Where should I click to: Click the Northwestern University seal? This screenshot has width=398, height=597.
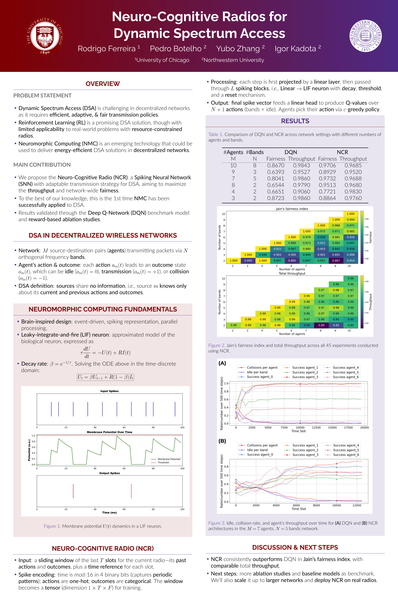coord(365,36)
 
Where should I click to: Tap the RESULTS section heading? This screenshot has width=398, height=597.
coord(295,121)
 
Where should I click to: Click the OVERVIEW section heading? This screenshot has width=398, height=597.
coord(103,84)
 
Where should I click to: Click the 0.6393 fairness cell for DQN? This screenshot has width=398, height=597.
coord(276,172)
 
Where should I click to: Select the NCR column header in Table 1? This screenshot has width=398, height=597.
coord(342,152)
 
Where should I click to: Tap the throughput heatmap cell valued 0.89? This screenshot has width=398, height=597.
coord(321,325)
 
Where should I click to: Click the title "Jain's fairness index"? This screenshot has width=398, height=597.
coord(292,209)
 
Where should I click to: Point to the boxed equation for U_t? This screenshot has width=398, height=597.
coord(105,377)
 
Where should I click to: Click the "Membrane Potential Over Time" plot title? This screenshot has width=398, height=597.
coord(109,432)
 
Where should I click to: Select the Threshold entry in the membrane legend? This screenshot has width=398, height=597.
coord(163,462)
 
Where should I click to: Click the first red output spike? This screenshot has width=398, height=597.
coord(73,491)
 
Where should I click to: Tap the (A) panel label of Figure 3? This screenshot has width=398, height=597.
coord(222,363)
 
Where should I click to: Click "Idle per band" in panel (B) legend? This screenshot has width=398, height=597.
coord(257,450)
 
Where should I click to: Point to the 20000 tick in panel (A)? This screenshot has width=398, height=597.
coord(364,428)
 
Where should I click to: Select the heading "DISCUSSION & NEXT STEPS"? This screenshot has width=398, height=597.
coord(295,547)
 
